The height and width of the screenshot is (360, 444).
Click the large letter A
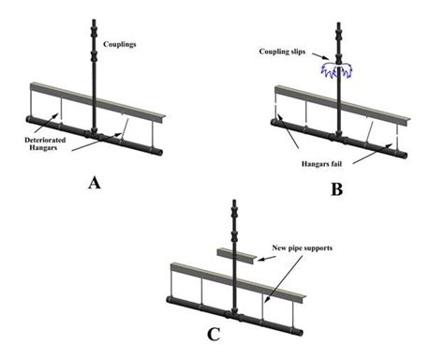point(95,183)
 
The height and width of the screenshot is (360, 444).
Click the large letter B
point(337,189)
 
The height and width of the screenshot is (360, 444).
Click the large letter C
point(214,335)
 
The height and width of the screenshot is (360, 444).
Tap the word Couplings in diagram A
point(120,44)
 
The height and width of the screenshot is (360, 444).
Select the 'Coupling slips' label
point(282,52)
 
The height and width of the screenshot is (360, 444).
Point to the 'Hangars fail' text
point(321,163)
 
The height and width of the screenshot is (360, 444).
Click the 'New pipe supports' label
point(303,248)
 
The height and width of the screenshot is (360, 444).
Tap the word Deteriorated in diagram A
point(45,140)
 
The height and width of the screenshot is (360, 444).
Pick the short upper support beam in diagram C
point(237,255)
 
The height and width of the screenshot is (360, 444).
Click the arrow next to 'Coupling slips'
point(320,55)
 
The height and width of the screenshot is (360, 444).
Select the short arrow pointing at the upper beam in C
point(267,259)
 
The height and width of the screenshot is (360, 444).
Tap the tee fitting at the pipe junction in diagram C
point(234,315)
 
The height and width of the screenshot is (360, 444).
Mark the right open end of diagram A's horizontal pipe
point(159,152)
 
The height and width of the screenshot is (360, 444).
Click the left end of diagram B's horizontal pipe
point(274,123)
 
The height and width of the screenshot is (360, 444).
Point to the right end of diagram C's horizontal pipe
point(300,332)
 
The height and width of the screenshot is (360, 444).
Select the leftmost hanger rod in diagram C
point(171,283)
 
